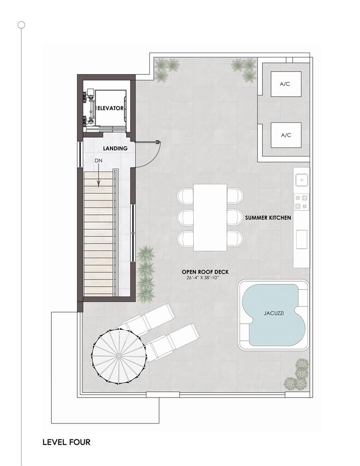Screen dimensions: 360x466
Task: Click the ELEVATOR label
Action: (x=110, y=108)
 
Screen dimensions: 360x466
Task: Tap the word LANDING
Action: (x=115, y=148)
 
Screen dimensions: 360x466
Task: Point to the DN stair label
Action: (x=98, y=161)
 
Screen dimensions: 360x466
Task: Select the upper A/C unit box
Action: (x=286, y=84)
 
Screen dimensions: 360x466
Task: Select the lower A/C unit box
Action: (x=286, y=135)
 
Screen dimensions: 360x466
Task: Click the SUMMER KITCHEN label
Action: (x=268, y=218)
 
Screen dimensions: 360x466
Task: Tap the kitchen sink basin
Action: (x=301, y=180)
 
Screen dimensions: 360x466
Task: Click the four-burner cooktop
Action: (x=301, y=202)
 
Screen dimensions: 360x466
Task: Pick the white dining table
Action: (x=210, y=218)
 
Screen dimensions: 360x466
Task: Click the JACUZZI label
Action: (x=274, y=313)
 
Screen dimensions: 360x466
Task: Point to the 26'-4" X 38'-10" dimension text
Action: (x=202, y=278)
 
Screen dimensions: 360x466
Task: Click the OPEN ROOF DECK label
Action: (x=205, y=272)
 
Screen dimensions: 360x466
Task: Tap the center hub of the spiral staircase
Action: (x=118, y=356)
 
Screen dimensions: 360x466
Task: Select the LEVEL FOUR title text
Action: (x=67, y=442)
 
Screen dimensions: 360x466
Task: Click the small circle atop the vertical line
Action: (x=21, y=25)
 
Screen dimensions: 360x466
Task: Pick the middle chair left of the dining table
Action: (x=186, y=218)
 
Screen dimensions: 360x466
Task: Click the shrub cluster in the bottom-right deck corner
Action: (x=297, y=374)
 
